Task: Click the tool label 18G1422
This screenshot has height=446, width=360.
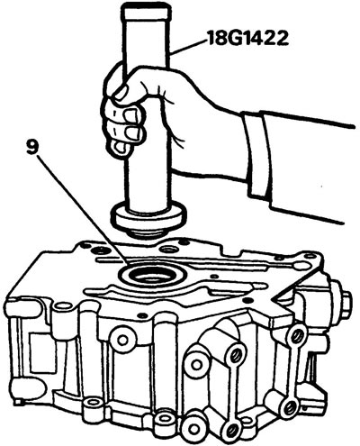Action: coord(247,38)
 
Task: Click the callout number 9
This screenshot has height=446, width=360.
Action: coord(31,149)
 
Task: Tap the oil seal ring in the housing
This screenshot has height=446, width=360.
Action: coord(151,274)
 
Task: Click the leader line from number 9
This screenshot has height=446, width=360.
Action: coord(81,210)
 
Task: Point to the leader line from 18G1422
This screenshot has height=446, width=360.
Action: coord(188,47)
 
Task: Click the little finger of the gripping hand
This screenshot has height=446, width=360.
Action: coord(120,148)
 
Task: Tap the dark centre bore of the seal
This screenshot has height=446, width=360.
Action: coord(151,277)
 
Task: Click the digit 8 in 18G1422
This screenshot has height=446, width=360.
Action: coord(220,39)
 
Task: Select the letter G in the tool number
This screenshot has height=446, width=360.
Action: coord(235,38)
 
